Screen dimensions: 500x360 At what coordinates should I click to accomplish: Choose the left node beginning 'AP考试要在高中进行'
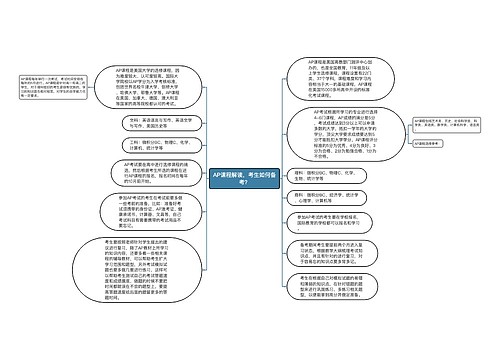(163, 173)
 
